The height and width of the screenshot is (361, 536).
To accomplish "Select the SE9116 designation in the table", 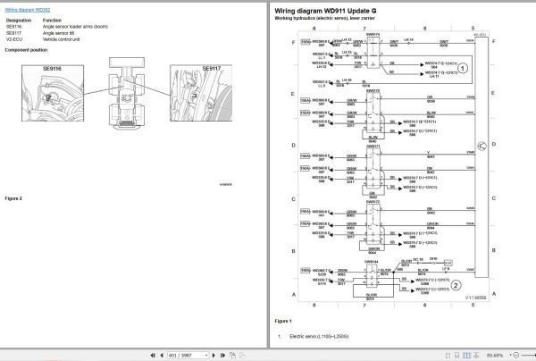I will pos(15,26).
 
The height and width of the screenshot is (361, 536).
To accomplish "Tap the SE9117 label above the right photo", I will pos(211,68).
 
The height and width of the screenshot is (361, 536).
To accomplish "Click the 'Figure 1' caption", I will pos(283,319).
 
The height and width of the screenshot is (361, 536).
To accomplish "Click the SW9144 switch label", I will pos(373,262).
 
